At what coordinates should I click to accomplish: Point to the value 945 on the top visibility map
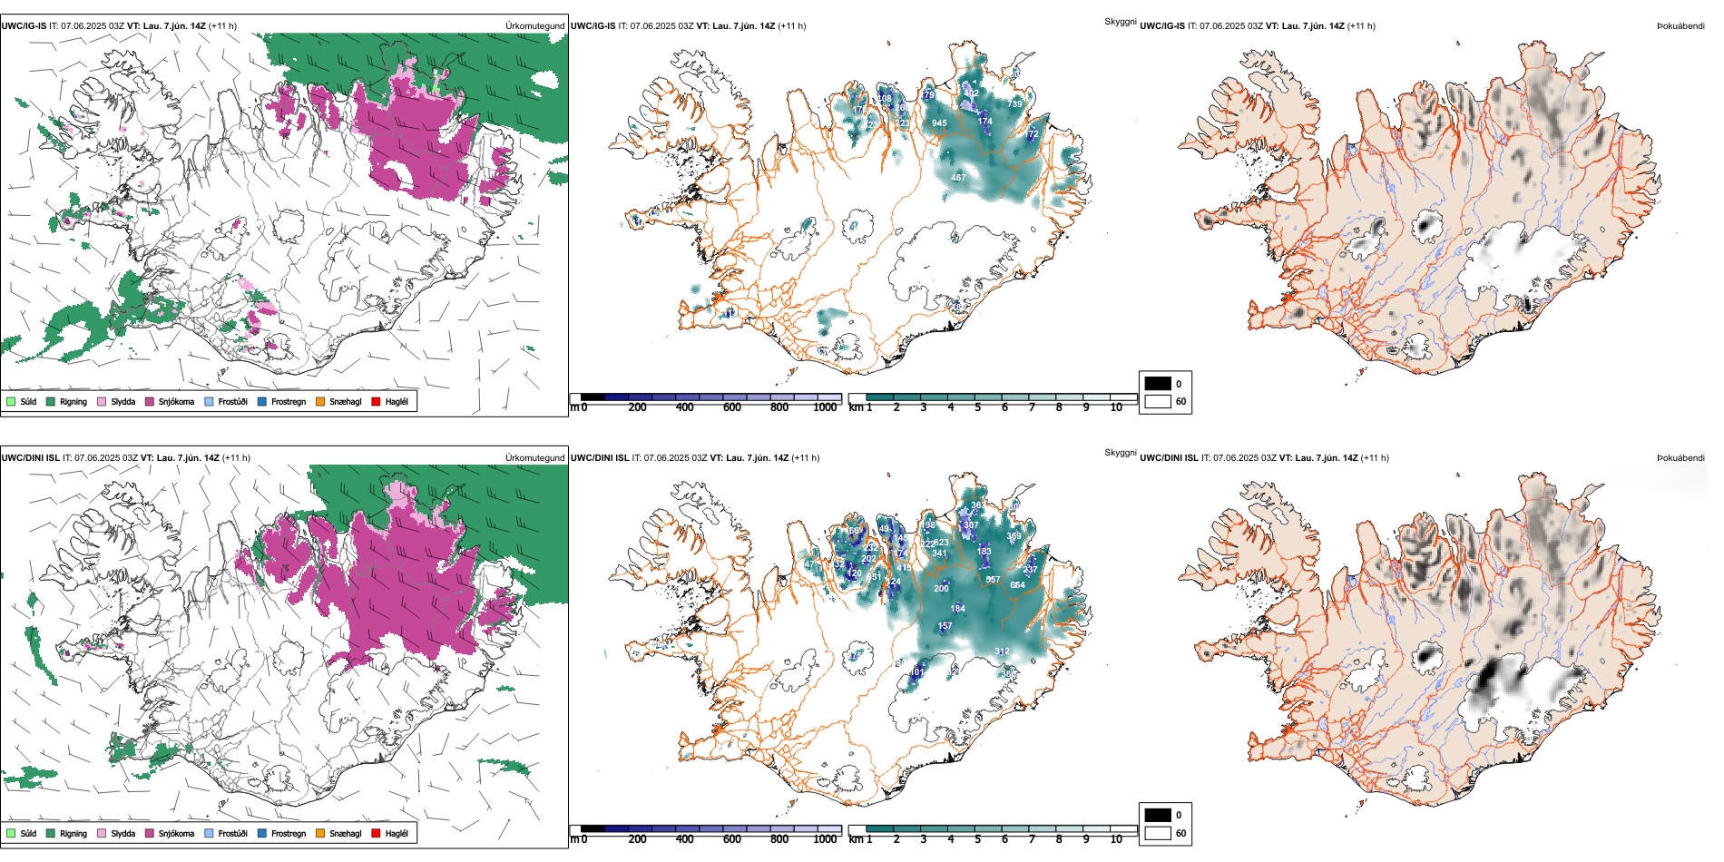(939, 123)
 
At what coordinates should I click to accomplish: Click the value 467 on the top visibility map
(958, 178)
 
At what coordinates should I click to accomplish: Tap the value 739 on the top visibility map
(1014, 104)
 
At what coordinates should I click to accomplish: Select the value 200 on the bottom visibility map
(941, 589)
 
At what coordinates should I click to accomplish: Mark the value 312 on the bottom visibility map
(1002, 651)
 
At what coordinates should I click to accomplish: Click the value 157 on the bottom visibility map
(945, 626)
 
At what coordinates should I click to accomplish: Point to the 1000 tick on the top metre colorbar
(825, 407)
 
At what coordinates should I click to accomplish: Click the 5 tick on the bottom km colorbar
(977, 839)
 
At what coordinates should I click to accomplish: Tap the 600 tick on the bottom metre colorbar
(731, 839)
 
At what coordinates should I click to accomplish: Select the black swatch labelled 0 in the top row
(1158, 384)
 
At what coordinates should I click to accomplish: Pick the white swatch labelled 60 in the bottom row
(1158, 833)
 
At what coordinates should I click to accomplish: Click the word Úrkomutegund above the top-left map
(534, 26)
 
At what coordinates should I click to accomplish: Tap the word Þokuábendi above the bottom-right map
(1680, 458)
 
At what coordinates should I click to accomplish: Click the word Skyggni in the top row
(1120, 21)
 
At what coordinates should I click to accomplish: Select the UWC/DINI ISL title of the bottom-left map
(30, 458)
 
